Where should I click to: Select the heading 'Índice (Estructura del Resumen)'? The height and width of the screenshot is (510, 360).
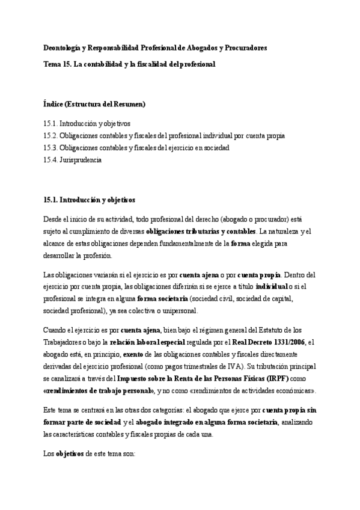point(94,104)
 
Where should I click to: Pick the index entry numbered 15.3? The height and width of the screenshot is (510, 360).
point(136,147)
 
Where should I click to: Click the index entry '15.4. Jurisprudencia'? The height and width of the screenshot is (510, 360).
point(72,160)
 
